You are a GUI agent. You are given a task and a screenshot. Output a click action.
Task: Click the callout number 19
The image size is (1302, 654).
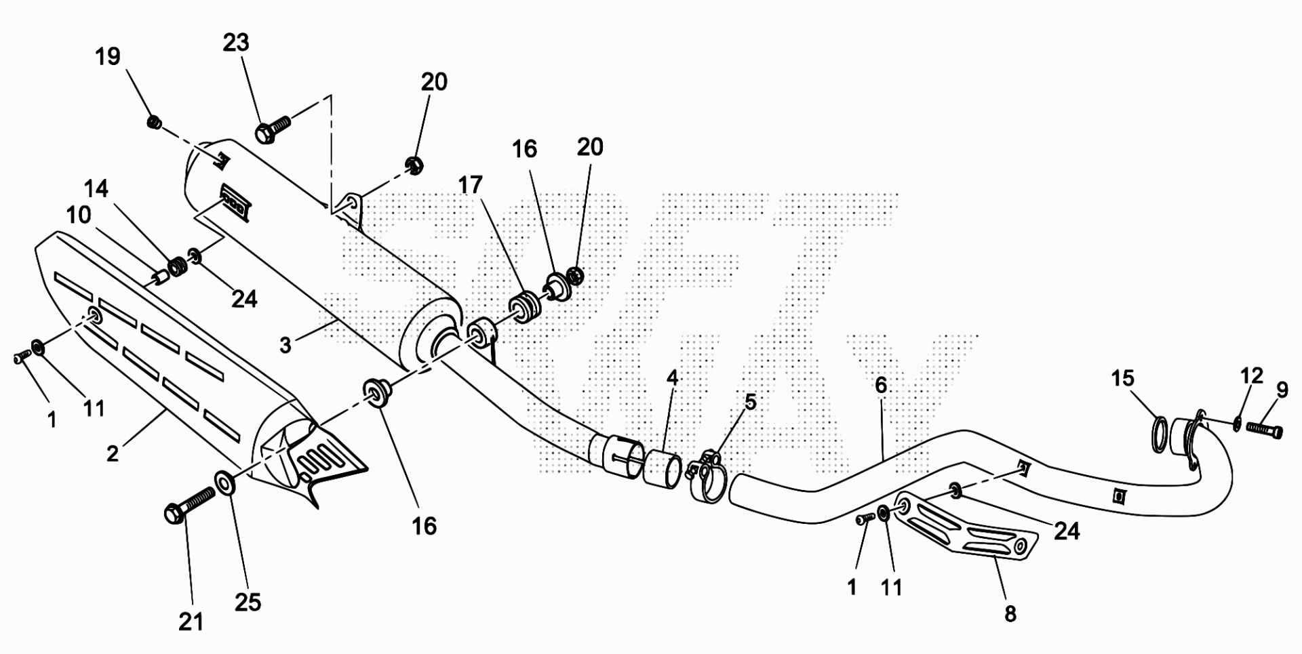click(108, 56)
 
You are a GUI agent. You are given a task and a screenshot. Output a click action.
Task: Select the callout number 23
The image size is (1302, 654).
click(236, 43)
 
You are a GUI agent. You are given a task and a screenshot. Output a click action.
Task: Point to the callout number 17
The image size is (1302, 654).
click(470, 185)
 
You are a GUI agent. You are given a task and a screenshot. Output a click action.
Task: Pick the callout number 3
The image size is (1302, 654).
click(285, 345)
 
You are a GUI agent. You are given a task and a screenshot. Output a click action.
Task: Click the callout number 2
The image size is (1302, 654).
click(113, 453)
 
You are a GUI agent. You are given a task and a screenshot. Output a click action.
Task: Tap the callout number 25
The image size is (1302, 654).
click(248, 602)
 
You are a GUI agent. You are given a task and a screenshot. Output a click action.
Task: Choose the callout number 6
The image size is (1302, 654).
click(880, 385)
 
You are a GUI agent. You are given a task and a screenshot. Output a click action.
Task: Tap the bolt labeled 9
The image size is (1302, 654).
click(1264, 430)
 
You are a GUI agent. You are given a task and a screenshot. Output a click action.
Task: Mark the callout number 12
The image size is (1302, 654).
click(1252, 375)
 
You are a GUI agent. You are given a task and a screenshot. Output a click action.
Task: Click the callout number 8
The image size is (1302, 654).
click(1010, 614)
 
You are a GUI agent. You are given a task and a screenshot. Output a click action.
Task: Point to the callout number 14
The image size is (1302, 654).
click(96, 188)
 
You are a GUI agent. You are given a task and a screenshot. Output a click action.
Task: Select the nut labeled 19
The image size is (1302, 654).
click(154, 123)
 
